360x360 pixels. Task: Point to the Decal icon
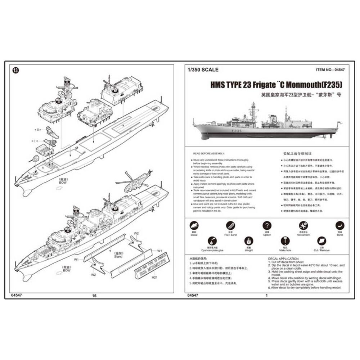(x=194, y=226)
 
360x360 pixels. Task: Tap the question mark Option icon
(x=266, y=226)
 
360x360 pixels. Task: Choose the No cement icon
(x=303, y=226)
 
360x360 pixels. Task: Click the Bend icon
(x=340, y=226)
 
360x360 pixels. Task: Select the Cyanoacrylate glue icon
(x=212, y=241)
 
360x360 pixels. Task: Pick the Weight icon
(x=248, y=241)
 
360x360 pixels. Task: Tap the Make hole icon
(x=285, y=241)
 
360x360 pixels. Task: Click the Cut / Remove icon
(x=321, y=241)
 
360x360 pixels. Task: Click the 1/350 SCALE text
(x=203, y=70)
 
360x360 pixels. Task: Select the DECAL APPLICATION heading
(x=283, y=258)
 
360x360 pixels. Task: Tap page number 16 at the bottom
(x=94, y=296)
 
